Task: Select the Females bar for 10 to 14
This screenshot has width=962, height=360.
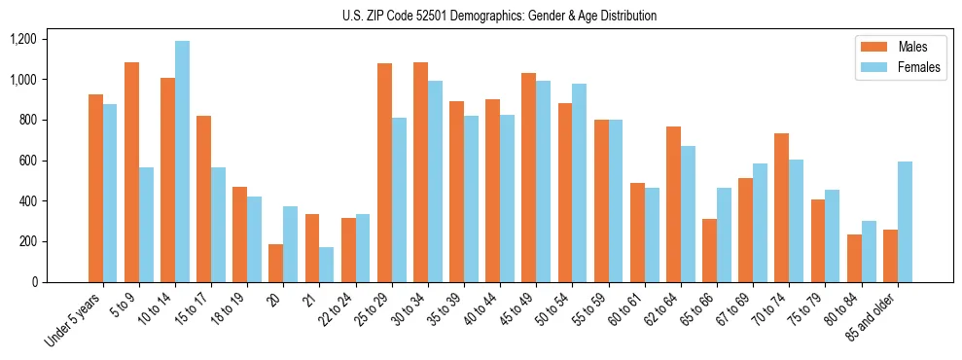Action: click(x=183, y=162)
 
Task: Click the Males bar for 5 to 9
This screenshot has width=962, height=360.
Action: click(x=132, y=172)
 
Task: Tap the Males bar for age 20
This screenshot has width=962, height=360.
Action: click(x=276, y=263)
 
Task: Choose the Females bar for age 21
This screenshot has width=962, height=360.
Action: click(x=327, y=265)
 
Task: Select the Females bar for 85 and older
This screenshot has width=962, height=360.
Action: click(x=905, y=222)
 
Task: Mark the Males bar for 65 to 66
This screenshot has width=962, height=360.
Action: click(x=710, y=250)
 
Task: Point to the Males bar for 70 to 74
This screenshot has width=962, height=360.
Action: click(x=782, y=207)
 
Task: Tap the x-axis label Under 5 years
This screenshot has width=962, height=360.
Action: click(x=74, y=319)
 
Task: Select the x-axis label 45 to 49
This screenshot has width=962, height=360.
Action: click(x=512, y=311)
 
